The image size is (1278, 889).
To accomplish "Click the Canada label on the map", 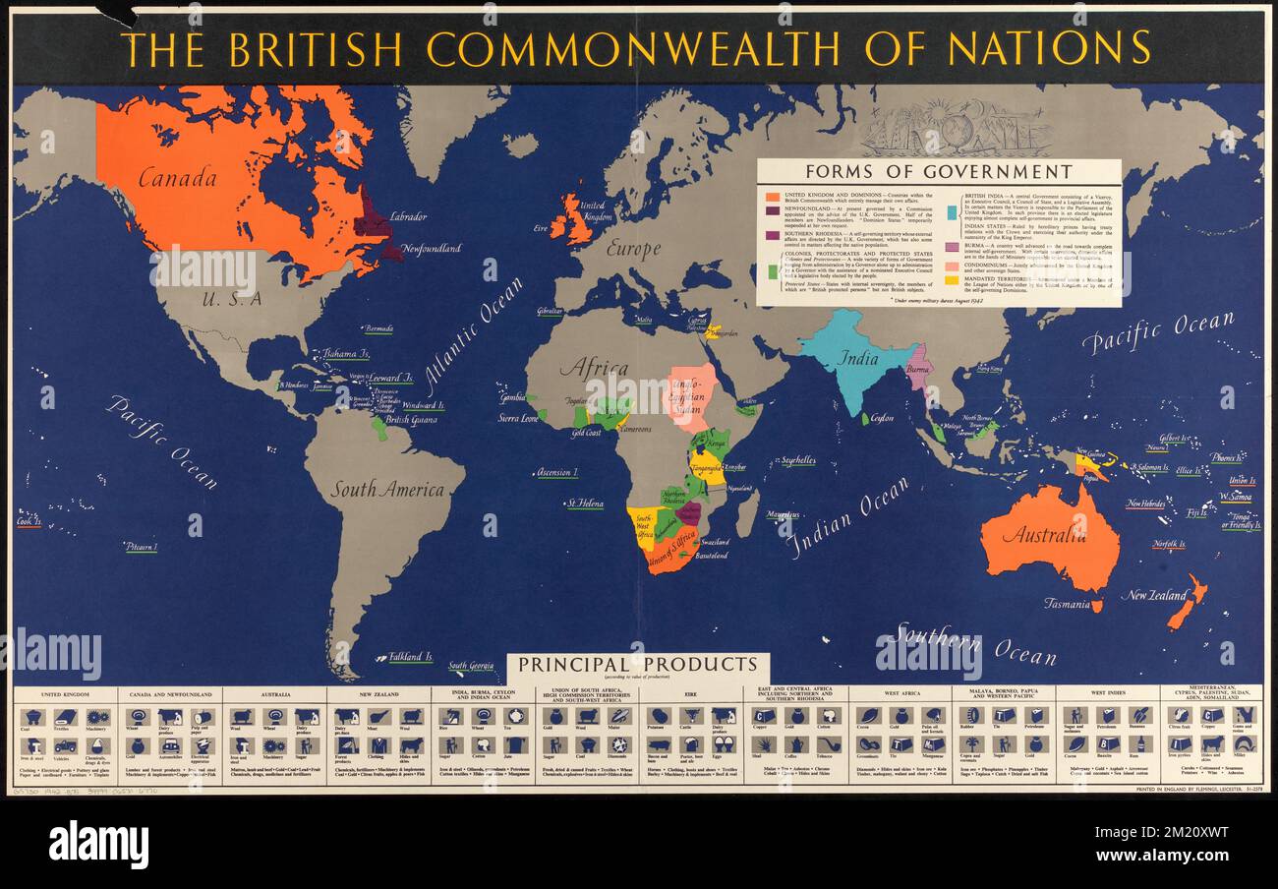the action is (177, 178).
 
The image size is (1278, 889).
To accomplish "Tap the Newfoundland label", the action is (431, 249).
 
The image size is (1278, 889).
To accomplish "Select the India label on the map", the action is (858, 359).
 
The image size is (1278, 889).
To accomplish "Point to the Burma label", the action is (917, 370).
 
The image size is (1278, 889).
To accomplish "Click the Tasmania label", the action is (1066, 604).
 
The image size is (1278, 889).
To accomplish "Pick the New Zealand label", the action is (1154, 595).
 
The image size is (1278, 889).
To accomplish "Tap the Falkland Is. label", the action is (410, 656).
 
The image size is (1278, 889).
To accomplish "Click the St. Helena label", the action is (584, 504).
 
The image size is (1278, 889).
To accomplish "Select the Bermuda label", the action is (378, 328).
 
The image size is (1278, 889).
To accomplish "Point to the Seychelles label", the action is (797, 459).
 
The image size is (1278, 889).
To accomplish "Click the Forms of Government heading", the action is (938, 172).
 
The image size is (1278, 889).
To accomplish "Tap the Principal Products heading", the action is (638, 665).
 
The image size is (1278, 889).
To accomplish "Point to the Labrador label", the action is (408, 215).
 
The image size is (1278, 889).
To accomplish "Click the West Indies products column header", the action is (1107, 692).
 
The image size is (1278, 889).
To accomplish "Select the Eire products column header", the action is (690, 692).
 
